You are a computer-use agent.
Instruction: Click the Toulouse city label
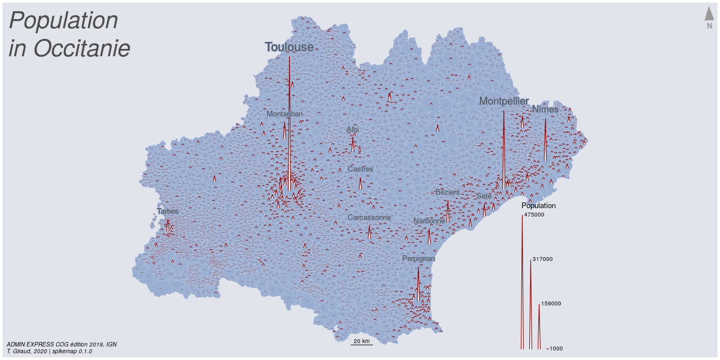289,47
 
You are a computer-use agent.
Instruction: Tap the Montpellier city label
503,101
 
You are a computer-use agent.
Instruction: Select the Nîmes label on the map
545,109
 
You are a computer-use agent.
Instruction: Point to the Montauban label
285,114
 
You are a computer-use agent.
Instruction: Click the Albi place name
353,130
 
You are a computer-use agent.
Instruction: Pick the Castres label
360,169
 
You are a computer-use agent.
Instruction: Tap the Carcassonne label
369,218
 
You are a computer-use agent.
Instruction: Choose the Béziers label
448,192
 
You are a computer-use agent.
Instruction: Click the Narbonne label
429,221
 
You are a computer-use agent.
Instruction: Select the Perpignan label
418,259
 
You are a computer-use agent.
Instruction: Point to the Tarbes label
168,211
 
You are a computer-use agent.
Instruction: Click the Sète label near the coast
484,196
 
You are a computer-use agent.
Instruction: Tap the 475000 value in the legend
534,215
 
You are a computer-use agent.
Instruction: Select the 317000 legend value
542,259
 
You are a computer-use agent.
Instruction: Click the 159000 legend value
551,304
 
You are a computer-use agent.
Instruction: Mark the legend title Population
538,206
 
